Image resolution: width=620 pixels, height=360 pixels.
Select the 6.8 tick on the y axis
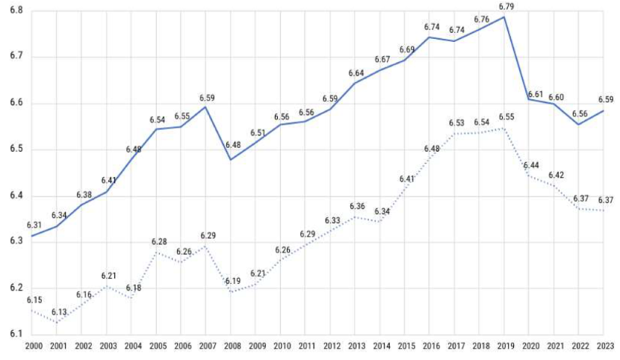pos(14,10)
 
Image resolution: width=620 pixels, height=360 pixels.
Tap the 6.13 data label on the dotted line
pos(59,312)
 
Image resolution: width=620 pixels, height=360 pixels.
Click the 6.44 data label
pos(531,165)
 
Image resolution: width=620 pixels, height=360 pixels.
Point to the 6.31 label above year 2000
pos(34,225)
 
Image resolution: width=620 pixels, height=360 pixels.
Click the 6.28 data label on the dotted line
pos(158,242)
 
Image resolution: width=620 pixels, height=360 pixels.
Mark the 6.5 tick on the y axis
pos(14,149)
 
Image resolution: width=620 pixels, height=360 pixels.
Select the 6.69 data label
pos(407,49)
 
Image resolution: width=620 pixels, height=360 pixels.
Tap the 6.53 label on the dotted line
pos(456,122)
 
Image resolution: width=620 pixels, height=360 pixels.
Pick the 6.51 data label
pos(258,133)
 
